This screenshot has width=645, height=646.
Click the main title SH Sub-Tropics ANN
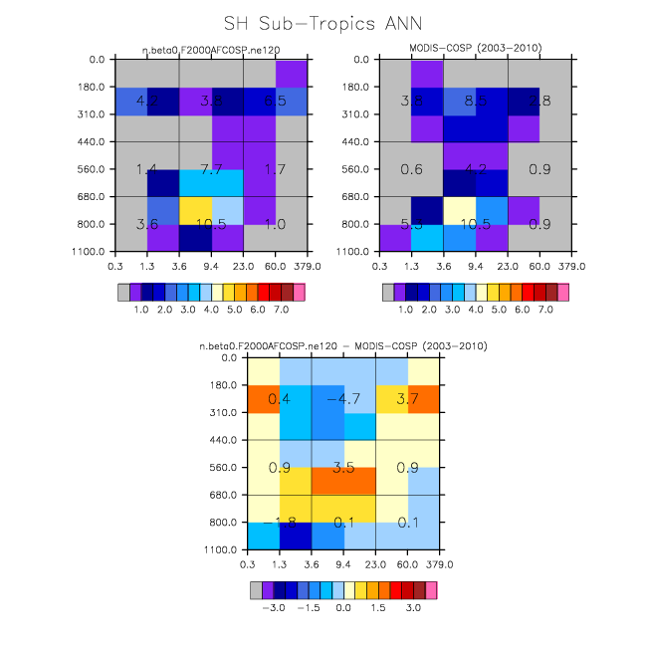[322, 22]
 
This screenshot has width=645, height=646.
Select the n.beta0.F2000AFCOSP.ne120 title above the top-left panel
[211, 48]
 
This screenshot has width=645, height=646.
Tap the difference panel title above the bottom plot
[343, 345]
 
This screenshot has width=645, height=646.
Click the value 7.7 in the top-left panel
[211, 170]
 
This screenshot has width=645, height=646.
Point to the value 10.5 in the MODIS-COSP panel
[474, 225]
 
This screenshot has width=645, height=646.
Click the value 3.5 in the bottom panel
[343, 467]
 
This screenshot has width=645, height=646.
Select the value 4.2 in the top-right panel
[475, 170]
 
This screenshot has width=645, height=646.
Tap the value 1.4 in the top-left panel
[146, 170]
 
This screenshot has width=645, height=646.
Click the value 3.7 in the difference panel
[408, 399]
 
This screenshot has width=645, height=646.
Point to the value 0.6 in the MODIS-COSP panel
[410, 170]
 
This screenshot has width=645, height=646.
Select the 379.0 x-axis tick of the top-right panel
[572, 266]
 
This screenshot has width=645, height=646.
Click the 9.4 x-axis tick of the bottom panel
[343, 564]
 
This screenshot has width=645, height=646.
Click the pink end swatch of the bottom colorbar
[431, 589]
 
